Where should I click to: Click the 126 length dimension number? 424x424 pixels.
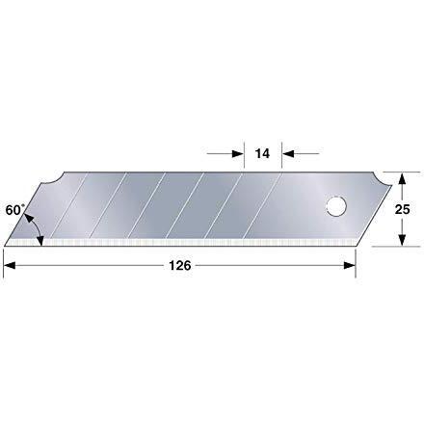(180, 266)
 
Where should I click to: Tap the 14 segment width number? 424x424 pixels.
(262, 153)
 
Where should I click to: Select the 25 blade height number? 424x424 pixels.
(402, 209)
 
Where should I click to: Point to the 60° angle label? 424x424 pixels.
(14, 210)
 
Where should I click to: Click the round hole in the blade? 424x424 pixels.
(336, 206)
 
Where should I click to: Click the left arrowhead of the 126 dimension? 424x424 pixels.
(10, 266)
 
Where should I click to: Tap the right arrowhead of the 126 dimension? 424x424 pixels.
(350, 266)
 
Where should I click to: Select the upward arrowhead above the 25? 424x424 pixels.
(401, 178)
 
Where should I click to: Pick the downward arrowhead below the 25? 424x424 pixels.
(401, 240)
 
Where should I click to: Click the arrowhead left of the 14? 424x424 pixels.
(238, 153)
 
